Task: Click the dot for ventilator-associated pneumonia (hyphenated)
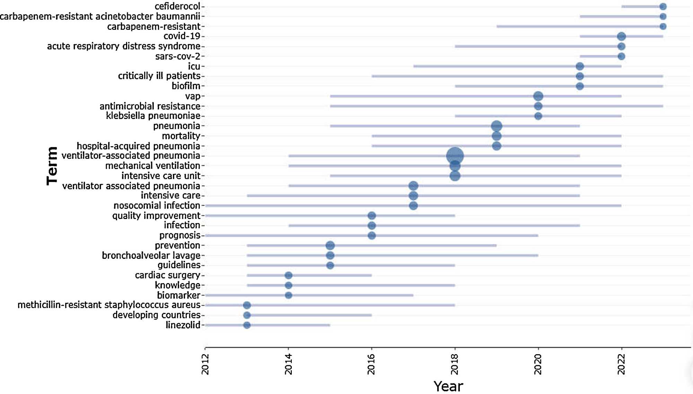[x=455, y=156]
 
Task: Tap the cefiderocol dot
[x=663, y=7]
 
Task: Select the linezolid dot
[x=247, y=325]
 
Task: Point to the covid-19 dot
[x=621, y=36]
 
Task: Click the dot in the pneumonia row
[x=497, y=126]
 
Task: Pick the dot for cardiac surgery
[x=288, y=275]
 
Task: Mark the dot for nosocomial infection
[x=413, y=206]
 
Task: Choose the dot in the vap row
[x=538, y=96]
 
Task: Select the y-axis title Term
[x=52, y=166]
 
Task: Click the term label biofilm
[x=186, y=86]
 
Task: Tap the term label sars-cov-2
[x=178, y=56]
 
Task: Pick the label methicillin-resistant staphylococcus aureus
[x=109, y=305]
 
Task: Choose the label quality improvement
[x=156, y=216]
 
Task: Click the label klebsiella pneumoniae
[x=153, y=116]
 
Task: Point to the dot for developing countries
[x=247, y=315]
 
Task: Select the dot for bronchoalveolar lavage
[x=330, y=255]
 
